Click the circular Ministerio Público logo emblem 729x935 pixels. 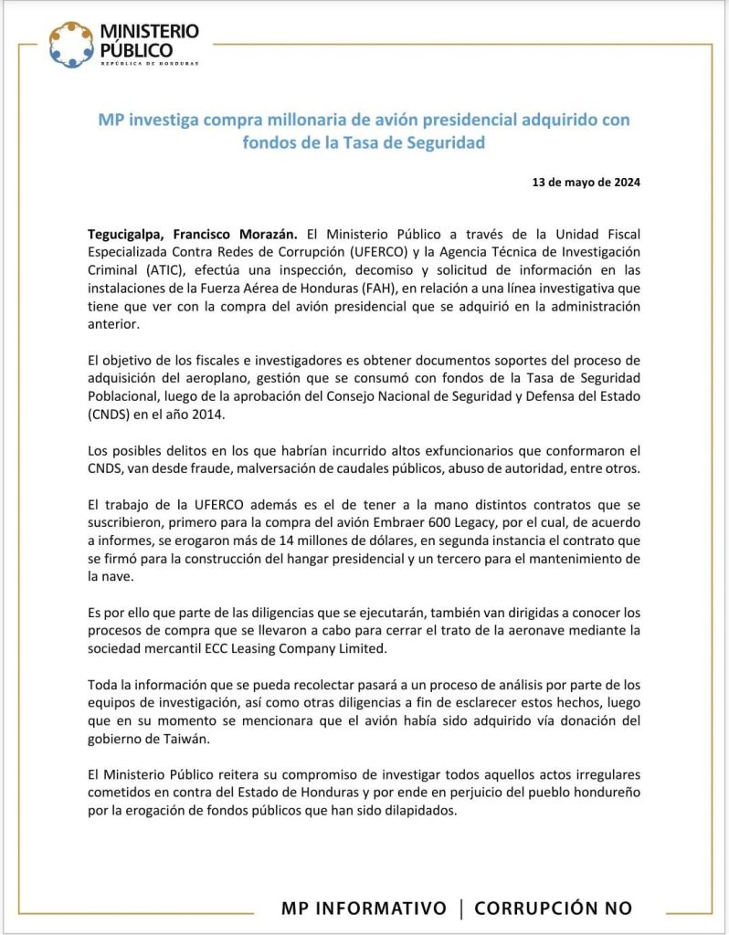(71, 44)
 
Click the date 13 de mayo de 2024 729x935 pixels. (586, 182)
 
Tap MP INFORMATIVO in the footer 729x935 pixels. (364, 909)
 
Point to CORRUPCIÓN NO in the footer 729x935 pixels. (554, 909)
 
